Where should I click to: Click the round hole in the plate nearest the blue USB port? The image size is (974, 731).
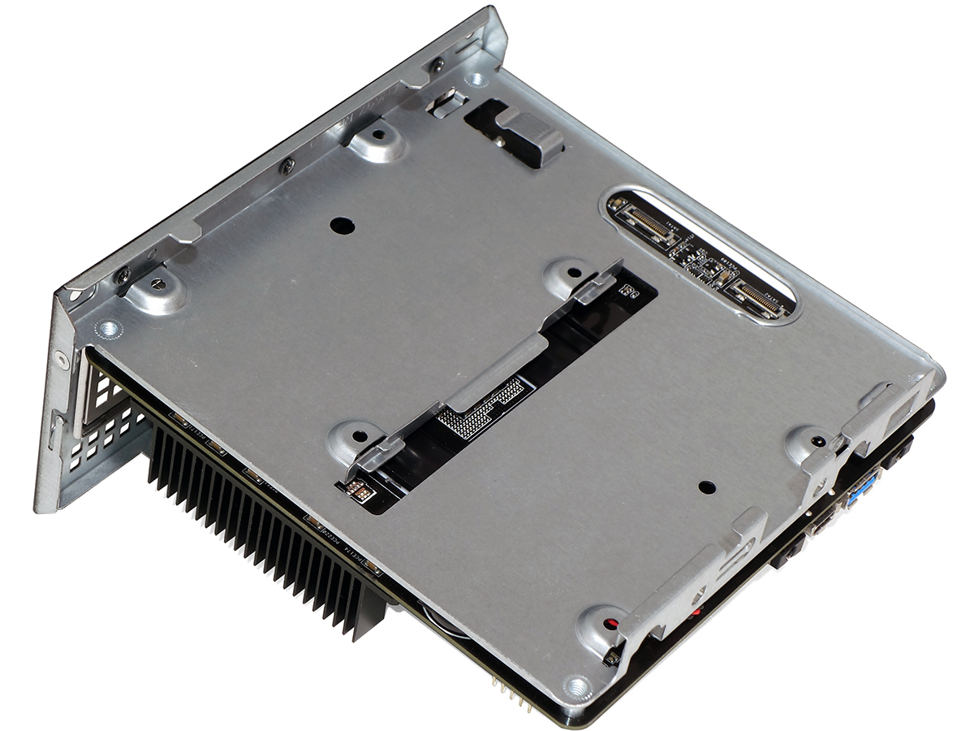pos(707,487)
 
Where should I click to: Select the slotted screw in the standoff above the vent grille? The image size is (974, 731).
pos(158,284)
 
